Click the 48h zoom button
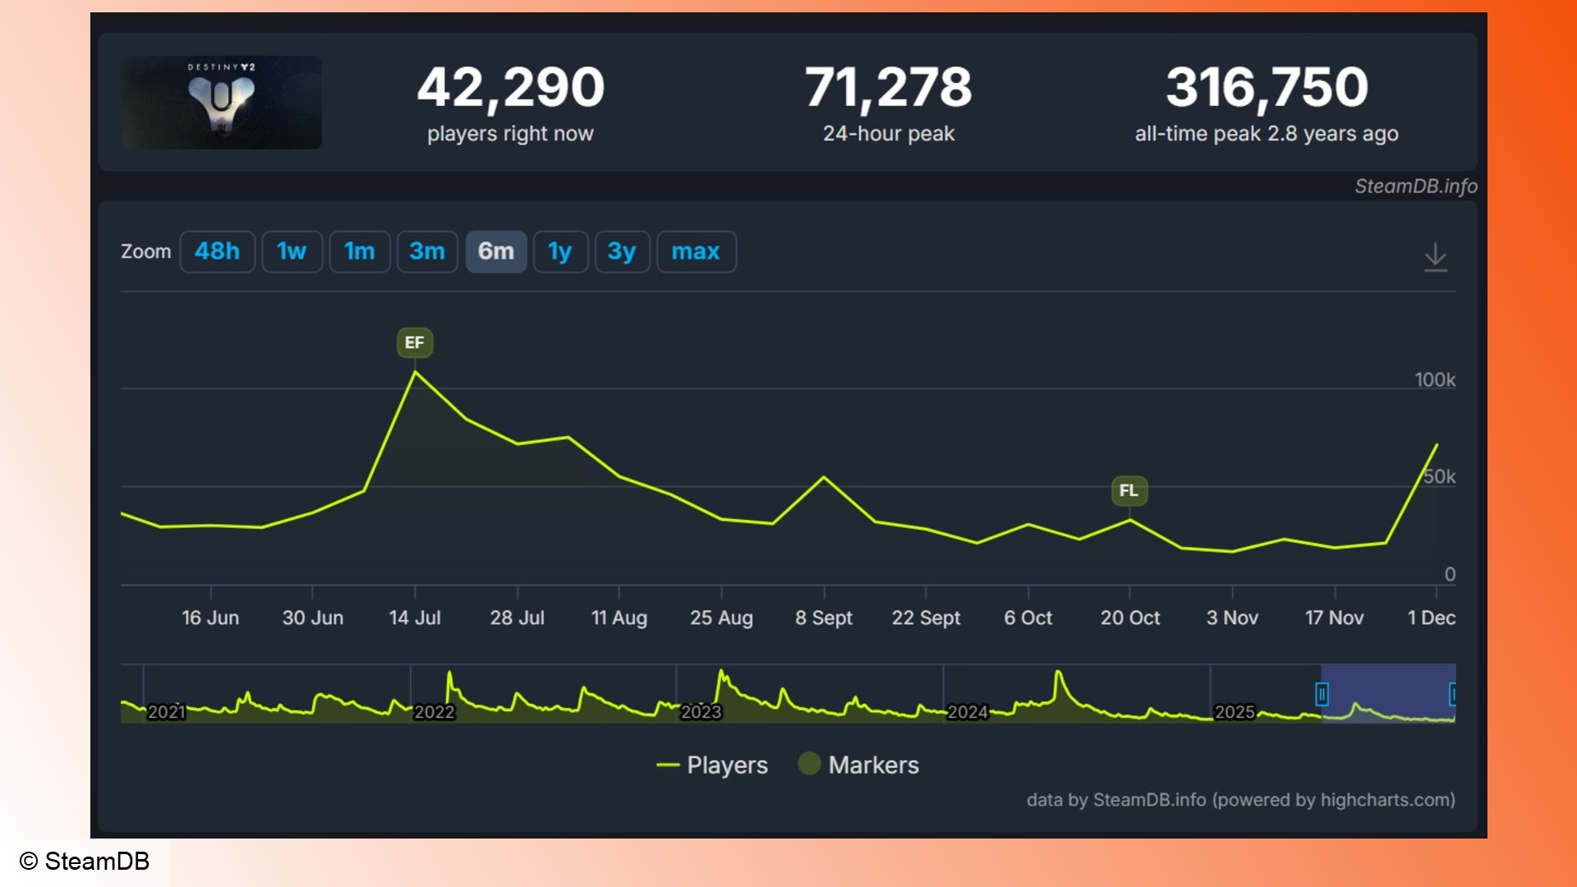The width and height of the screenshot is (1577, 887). (x=217, y=251)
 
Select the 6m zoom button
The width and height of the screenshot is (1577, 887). (x=495, y=251)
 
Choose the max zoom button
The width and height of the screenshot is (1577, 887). (x=696, y=251)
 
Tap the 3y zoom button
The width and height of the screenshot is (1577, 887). (x=622, y=251)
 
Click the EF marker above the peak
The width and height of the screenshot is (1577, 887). (x=414, y=342)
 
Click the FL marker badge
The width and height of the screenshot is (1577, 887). (x=1129, y=491)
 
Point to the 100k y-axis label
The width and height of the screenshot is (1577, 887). (x=1434, y=379)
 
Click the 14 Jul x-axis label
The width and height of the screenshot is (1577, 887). (x=414, y=618)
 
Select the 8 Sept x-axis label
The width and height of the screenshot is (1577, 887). (x=823, y=618)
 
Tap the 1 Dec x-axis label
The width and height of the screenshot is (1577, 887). (x=1431, y=618)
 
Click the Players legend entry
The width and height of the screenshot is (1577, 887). (x=712, y=765)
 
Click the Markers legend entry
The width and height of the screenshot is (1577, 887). (x=859, y=765)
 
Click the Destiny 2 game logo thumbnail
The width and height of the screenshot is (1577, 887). (x=221, y=103)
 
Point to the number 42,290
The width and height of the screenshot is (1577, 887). (x=510, y=87)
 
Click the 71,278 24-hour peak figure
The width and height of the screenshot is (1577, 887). (x=888, y=87)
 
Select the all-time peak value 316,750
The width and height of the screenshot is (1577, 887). (x=1267, y=87)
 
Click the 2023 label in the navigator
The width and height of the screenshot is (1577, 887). (x=701, y=712)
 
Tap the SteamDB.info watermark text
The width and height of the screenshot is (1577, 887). (x=1415, y=186)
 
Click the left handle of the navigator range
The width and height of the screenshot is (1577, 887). (x=1322, y=695)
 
